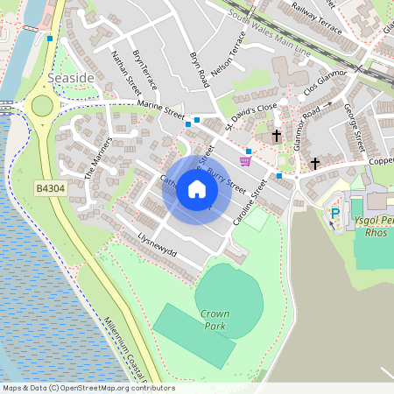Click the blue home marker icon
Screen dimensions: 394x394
tap(197, 190)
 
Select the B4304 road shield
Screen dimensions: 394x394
tap(52, 188)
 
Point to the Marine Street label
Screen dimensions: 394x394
tap(160, 109)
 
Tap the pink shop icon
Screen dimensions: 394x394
tap(246, 160)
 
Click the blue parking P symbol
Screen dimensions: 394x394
tap(334, 213)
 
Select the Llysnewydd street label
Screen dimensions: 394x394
tap(158, 245)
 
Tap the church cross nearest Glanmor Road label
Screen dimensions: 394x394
tap(277, 136)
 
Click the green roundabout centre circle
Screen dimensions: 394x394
tap(41, 106)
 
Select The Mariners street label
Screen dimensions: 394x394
tap(99, 158)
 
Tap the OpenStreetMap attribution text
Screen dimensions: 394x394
tap(88, 388)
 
